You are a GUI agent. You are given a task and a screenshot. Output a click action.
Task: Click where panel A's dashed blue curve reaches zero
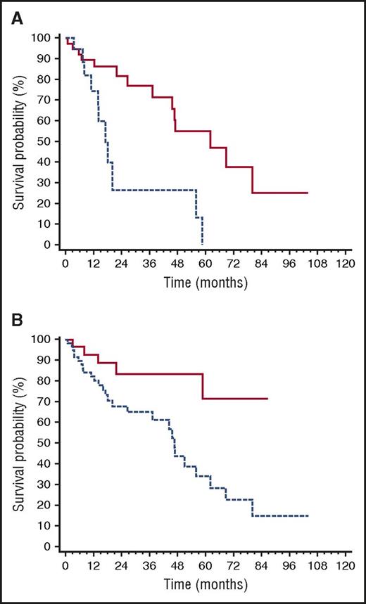pos(203,244)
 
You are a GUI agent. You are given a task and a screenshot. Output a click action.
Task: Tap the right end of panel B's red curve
pos(267,398)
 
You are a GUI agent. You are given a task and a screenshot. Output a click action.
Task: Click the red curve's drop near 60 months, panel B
pos(203,386)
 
